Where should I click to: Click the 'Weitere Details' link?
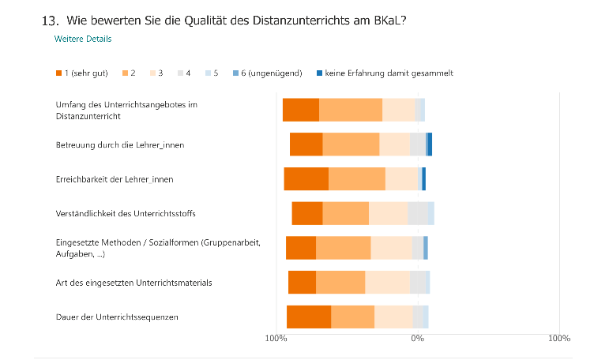82,39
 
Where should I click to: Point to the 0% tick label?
418,339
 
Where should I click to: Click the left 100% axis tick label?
276,339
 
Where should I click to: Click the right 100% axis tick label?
558,339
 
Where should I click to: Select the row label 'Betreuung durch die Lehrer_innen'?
120,144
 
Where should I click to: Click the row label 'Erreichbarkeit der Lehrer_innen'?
114,179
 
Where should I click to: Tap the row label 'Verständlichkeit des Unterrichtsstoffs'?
126,214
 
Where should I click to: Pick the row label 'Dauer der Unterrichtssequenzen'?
117,317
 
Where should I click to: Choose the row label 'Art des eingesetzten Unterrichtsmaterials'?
133,282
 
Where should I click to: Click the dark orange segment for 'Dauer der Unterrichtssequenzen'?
309,317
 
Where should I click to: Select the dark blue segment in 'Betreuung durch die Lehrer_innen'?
430,144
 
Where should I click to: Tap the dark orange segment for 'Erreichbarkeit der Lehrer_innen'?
306,179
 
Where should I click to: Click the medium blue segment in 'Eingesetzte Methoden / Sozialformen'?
426,248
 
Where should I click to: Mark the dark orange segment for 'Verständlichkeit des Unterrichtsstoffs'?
307,213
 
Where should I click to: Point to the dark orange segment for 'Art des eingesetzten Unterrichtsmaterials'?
302,282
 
